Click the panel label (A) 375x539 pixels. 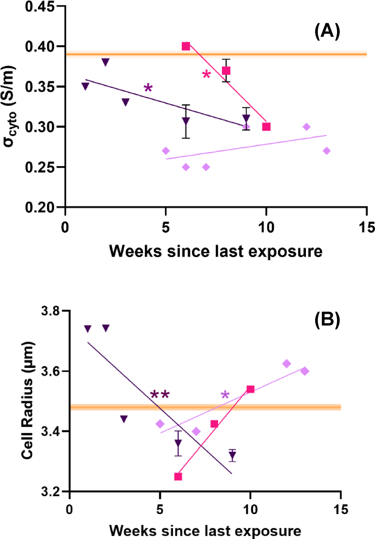coord(327,31)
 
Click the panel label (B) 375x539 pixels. coord(327,320)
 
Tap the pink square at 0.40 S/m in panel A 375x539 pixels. coord(186,46)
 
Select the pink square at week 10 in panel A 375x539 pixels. coord(266,127)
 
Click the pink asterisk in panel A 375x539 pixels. coord(206,74)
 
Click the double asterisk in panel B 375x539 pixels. coord(160,395)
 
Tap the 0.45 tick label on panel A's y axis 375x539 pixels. coord(40,7)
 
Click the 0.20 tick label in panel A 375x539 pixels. coord(40,208)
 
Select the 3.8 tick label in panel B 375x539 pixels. coord(51,311)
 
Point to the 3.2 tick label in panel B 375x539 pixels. coord(51,491)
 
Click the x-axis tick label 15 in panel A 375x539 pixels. coord(366,227)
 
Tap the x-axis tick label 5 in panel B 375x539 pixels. coord(160,509)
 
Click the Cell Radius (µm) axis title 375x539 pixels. coord(27,401)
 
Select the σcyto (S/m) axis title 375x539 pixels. coord(9,107)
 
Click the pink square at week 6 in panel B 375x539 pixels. coord(178,476)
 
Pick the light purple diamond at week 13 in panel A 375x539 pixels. coord(326,151)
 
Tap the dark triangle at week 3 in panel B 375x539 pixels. coord(123,419)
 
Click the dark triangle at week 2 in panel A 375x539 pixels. coord(105,62)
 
